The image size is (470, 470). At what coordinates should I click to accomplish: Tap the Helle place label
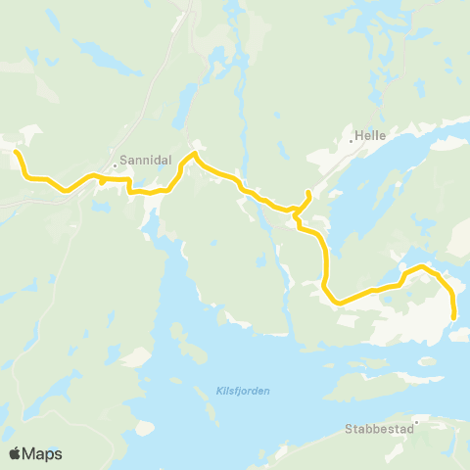click(x=371, y=138)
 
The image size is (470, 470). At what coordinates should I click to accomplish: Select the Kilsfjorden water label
click(x=242, y=391)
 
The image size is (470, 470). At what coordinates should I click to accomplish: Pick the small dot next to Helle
click(x=352, y=140)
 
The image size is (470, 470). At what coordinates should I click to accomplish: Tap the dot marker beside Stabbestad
click(x=415, y=424)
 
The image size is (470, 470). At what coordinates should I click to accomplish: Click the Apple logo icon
click(x=15, y=453)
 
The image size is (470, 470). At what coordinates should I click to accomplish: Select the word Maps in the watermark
click(x=43, y=453)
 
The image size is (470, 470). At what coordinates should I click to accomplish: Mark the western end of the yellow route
click(x=16, y=153)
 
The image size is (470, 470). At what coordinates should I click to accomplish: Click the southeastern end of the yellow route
click(x=454, y=316)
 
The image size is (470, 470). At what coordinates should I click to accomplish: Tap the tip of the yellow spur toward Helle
click(x=309, y=192)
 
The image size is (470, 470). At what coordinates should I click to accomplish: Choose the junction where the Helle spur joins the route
click(x=297, y=209)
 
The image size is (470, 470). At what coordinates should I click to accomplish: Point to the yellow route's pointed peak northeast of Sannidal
click(x=195, y=153)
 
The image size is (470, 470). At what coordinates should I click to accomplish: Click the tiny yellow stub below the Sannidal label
click(x=103, y=182)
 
